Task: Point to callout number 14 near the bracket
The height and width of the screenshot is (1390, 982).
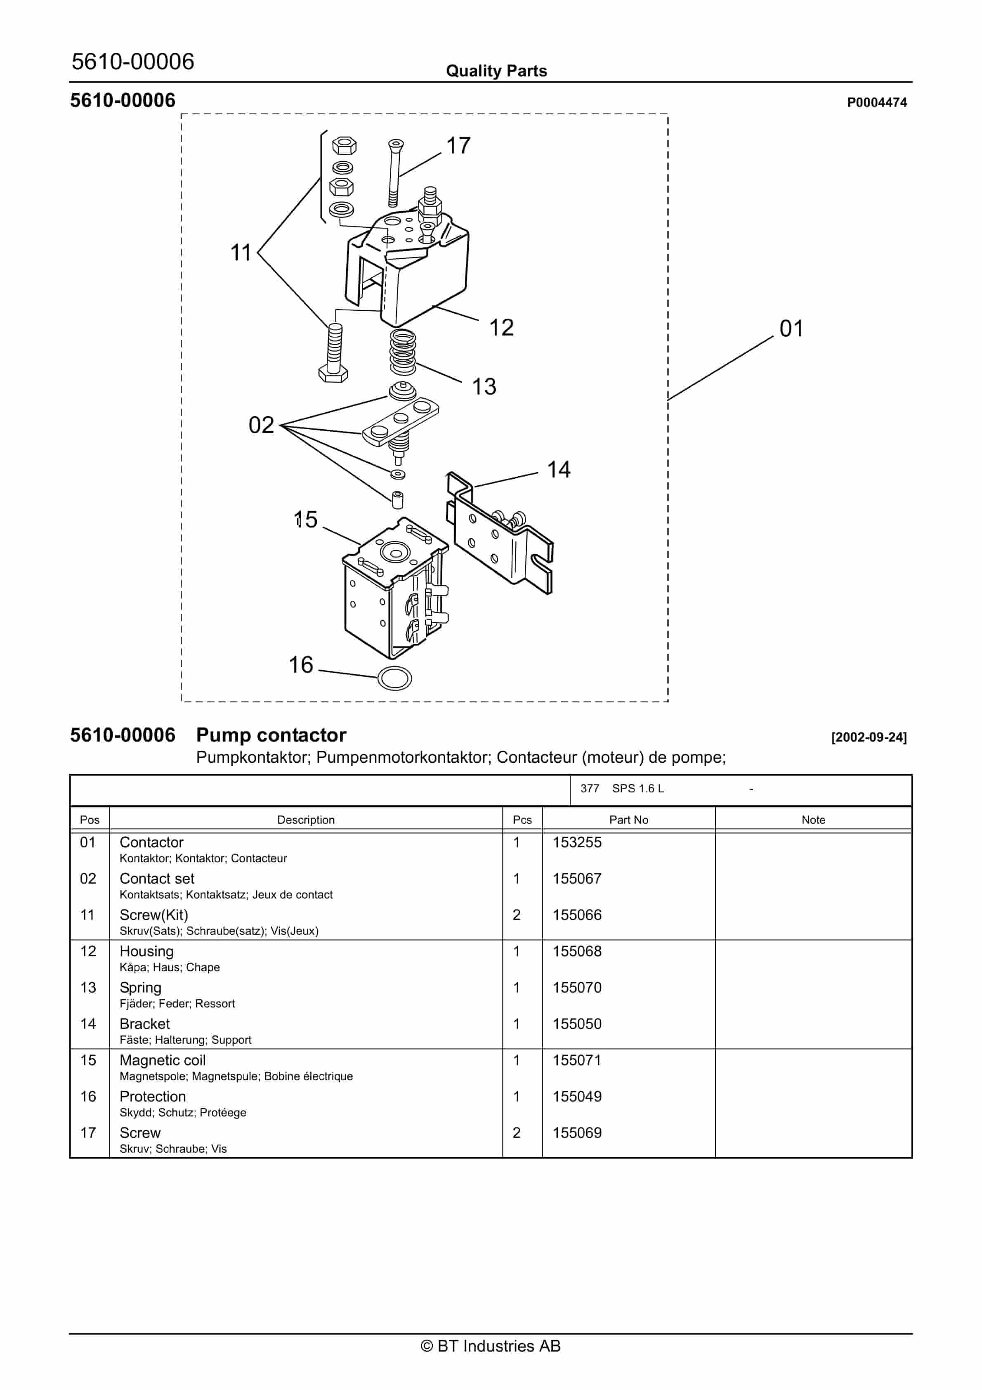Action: coord(558,470)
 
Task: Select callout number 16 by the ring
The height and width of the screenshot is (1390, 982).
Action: coord(301,665)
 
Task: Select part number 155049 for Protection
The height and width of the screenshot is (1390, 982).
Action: coord(576,1097)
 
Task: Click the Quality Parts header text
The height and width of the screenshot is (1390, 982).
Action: coord(496,71)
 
